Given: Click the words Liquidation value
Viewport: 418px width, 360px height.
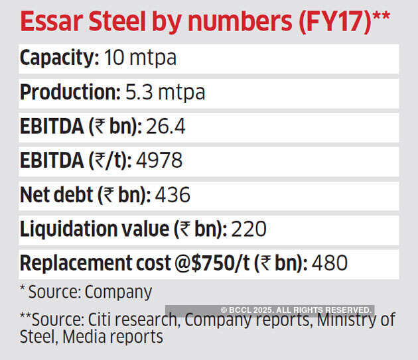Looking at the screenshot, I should pos(94,229).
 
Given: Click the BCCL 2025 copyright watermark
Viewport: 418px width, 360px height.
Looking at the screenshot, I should pos(296,310).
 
